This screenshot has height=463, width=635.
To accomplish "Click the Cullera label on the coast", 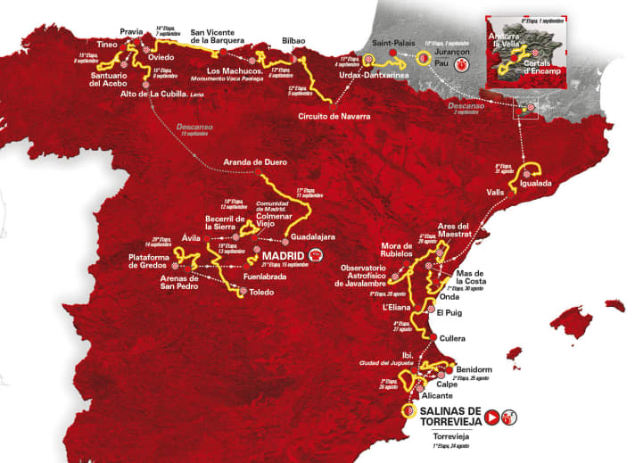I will click(456, 337).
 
